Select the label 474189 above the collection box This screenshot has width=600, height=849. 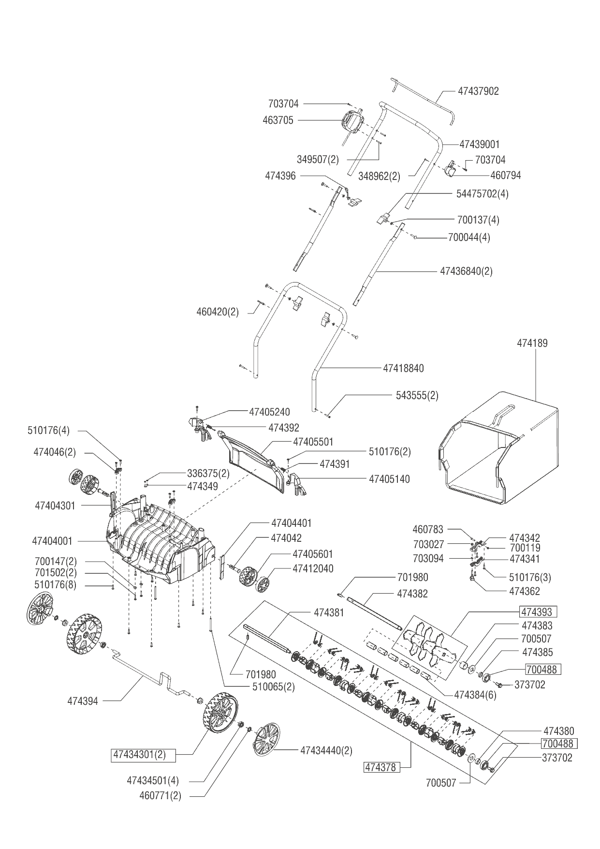tap(532, 343)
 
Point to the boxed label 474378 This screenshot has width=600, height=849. tap(381, 767)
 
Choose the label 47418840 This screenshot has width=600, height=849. tap(403, 368)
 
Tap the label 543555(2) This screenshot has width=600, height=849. tap(417, 395)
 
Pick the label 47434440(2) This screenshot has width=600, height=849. tap(326, 750)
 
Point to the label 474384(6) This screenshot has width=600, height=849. tap(475, 695)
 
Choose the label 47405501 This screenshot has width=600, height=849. tap(313, 442)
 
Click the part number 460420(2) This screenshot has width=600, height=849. tap(218, 312)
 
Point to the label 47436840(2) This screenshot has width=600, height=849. tap(466, 271)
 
